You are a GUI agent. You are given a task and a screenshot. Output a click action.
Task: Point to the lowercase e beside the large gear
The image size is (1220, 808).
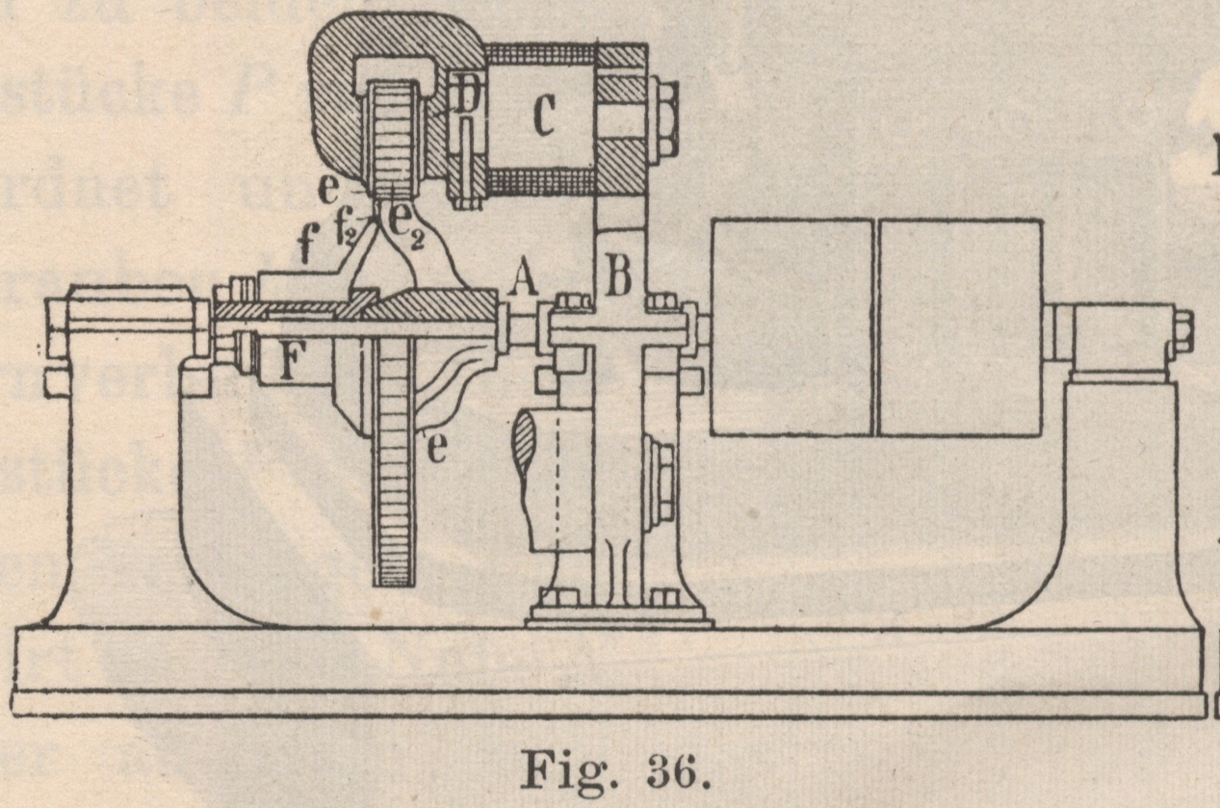point(435,450)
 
